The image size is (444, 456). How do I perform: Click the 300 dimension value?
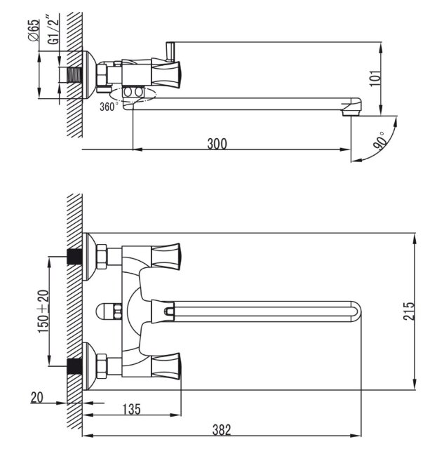tap(217, 144)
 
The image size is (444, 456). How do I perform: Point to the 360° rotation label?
tap(109, 107)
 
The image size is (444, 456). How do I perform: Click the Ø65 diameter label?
tap(34, 32)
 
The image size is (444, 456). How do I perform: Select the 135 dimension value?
tap(130, 408)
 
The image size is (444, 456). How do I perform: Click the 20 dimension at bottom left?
tap(36, 398)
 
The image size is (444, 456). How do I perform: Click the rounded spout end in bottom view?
tap(356, 309)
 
